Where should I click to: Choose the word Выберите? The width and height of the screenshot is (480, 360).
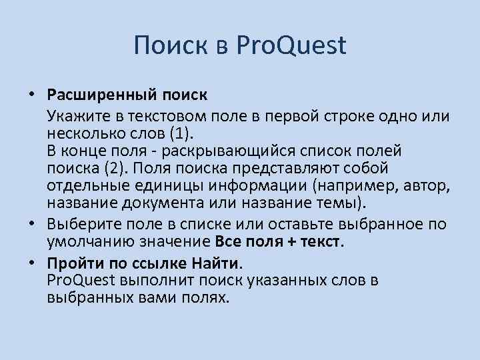tap(79, 223)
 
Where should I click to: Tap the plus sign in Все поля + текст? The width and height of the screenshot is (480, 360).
tap(291, 240)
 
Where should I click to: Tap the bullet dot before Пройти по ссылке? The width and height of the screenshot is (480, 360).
tap(31, 264)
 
